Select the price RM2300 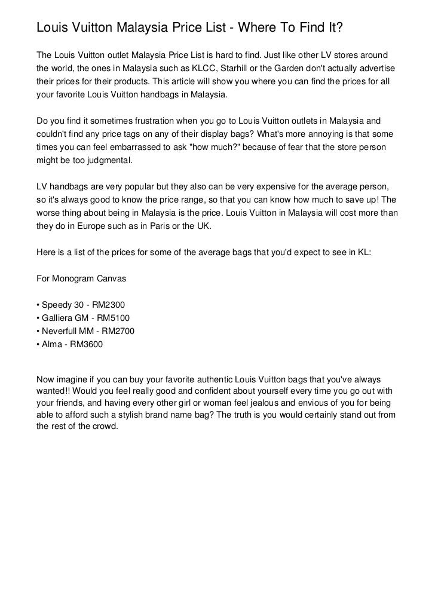pos(109,305)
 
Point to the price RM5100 pos(112,318)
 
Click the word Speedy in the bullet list pos(55,305)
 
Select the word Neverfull pos(62,331)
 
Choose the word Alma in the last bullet pos(51,344)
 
